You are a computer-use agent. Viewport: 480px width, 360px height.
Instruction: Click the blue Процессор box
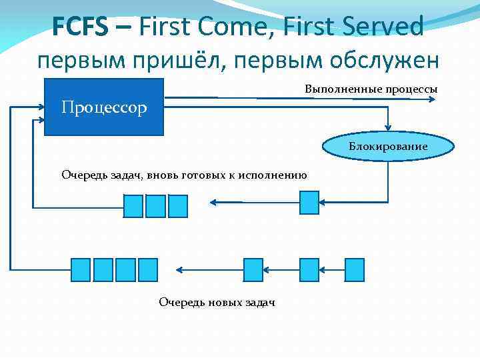click(103, 107)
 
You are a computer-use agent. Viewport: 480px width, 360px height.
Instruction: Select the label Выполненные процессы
click(371, 89)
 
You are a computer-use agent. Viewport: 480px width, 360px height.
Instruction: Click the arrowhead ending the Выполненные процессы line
click(433, 99)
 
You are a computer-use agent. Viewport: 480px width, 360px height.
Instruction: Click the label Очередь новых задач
click(217, 303)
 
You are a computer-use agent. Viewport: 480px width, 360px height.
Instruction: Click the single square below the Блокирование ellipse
click(309, 202)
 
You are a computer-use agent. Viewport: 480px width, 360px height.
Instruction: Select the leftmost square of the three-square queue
click(133, 205)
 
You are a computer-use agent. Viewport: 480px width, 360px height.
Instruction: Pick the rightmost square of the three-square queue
click(178, 205)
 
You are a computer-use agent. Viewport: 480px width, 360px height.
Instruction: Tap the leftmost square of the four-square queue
click(81, 269)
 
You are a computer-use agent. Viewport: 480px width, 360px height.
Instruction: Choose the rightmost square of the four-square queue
click(147, 269)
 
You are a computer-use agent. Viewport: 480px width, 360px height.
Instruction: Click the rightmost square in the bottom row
click(354, 269)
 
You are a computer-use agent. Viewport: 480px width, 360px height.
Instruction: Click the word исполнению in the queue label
click(274, 175)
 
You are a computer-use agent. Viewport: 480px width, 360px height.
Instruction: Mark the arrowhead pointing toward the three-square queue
click(212, 202)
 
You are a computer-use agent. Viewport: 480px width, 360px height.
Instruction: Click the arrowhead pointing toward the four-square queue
click(179, 269)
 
